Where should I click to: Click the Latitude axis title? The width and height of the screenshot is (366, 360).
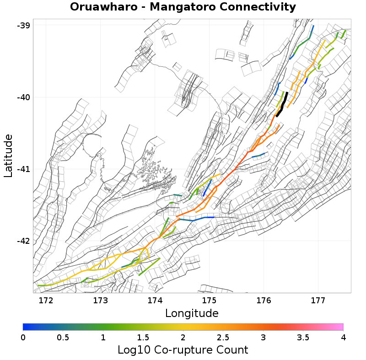tap(8, 156)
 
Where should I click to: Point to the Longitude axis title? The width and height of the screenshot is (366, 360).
tap(192, 313)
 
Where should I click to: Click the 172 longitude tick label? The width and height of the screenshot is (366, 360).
tap(46, 301)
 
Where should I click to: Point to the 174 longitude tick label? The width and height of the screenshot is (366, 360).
tap(155, 301)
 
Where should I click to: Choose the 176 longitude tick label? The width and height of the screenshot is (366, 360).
tap(264, 301)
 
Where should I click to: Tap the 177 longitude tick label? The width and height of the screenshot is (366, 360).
tap(318, 301)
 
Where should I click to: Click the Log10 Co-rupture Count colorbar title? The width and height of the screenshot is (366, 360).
tap(183, 350)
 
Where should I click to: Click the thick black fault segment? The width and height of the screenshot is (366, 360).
tap(282, 105)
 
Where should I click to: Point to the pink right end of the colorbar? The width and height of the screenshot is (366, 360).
tap(340, 327)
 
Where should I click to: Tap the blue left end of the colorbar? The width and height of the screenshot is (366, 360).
tap(26, 327)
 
